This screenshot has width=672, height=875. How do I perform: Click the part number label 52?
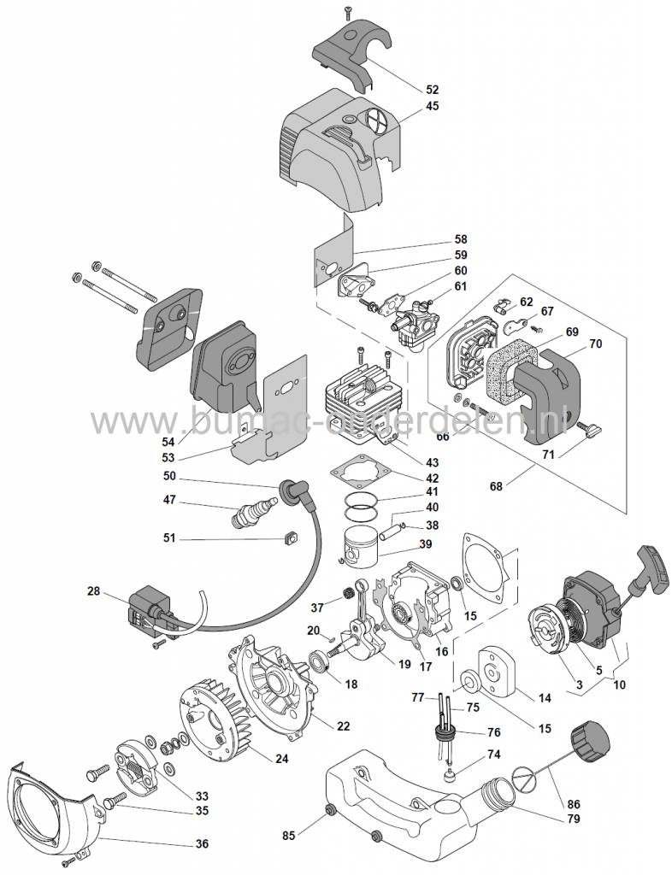[x=433, y=89]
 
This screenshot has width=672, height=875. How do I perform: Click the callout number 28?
[x=94, y=590]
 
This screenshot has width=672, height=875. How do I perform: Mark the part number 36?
[x=202, y=843]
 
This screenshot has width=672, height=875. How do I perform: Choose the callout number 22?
[x=343, y=726]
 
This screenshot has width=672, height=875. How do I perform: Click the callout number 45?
[x=433, y=107]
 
